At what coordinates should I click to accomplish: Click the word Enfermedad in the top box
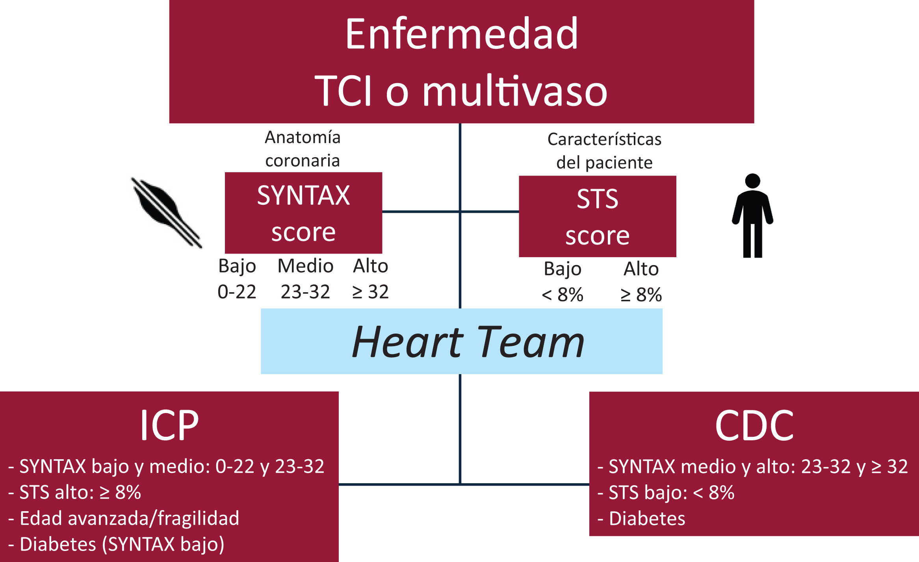click(x=461, y=34)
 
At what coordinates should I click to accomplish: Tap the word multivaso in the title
click(x=514, y=91)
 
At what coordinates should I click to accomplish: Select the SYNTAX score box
click(x=303, y=213)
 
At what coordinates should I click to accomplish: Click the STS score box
click(x=597, y=216)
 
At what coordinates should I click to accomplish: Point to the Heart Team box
click(x=461, y=341)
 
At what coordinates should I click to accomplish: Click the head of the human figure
click(x=752, y=181)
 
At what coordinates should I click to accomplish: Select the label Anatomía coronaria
click(x=303, y=149)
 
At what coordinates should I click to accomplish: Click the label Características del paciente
click(x=604, y=151)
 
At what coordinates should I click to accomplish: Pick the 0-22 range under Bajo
click(x=237, y=292)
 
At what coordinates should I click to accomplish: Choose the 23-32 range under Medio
click(x=305, y=292)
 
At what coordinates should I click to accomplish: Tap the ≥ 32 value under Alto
click(x=370, y=292)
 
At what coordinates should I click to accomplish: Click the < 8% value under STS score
click(x=562, y=295)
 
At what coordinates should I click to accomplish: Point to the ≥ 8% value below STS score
click(x=641, y=295)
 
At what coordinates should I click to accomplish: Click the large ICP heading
click(x=169, y=425)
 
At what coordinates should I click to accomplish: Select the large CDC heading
click(x=754, y=426)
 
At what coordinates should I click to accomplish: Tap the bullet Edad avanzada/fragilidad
click(x=129, y=518)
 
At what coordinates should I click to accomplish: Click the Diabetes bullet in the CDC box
click(x=647, y=518)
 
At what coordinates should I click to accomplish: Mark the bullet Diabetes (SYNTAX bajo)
click(x=122, y=544)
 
